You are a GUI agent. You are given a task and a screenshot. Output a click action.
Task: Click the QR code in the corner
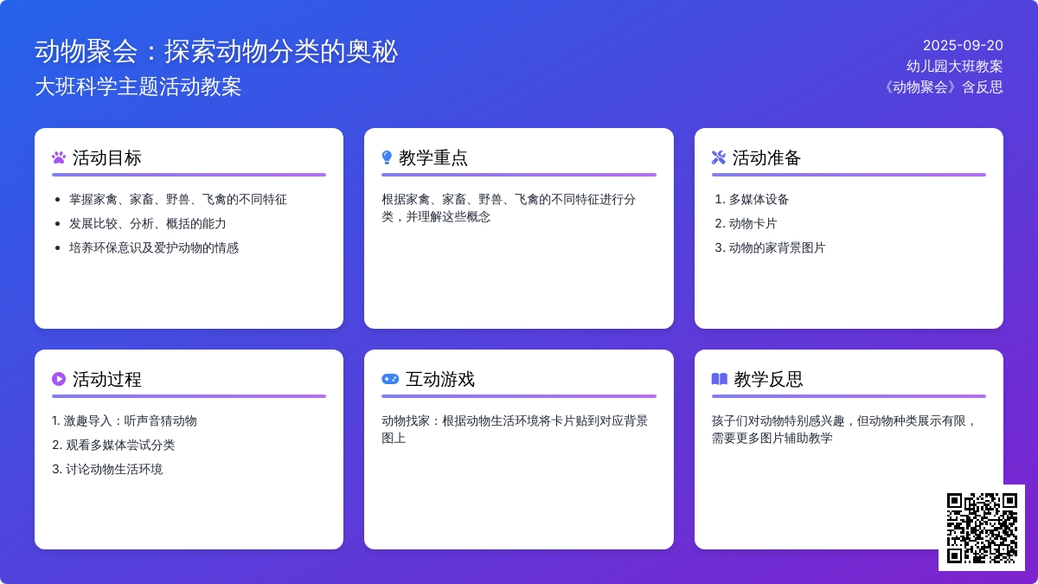(x=982, y=528)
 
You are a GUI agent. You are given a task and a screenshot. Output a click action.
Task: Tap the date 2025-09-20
(x=963, y=45)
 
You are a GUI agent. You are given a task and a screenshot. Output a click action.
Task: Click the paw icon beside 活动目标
(x=59, y=157)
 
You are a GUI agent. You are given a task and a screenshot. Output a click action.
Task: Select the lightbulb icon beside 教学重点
(x=387, y=157)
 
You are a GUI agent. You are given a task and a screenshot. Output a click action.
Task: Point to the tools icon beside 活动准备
(x=719, y=157)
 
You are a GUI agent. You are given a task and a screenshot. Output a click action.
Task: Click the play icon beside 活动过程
(x=59, y=379)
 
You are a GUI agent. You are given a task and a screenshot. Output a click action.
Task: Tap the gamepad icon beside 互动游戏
(x=390, y=379)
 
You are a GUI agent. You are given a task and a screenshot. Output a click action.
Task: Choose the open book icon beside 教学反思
(x=720, y=379)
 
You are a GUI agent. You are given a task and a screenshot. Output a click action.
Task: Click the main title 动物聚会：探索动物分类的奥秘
(x=216, y=51)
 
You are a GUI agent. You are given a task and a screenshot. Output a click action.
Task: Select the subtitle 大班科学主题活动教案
(x=138, y=87)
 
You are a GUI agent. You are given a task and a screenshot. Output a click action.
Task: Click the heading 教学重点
(x=433, y=158)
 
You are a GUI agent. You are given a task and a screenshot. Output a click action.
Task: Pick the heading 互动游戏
(x=440, y=380)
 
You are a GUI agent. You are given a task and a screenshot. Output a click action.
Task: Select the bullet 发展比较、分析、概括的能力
(x=148, y=223)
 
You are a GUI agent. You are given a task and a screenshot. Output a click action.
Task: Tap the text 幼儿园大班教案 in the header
(x=955, y=67)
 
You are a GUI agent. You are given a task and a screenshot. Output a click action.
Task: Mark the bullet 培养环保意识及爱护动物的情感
(x=154, y=247)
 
